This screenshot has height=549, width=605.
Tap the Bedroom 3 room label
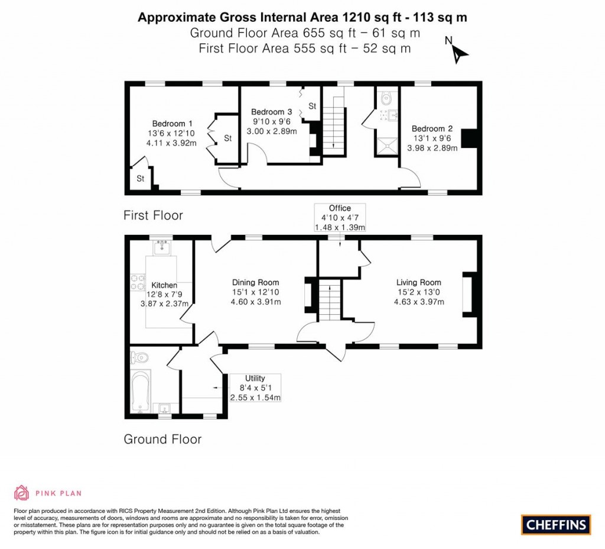(271, 112)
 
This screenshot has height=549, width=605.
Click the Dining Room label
(255, 283)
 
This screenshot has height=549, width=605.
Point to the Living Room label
(418, 283)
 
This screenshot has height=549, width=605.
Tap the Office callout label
(340, 208)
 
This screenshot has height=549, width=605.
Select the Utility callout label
(255, 379)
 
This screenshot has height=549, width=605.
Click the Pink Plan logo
(48, 492)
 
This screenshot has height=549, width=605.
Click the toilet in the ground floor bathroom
(139, 357)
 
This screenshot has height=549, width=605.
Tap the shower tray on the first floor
(387, 144)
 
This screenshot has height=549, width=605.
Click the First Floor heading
(153, 216)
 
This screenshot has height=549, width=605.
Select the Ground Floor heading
(162, 440)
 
